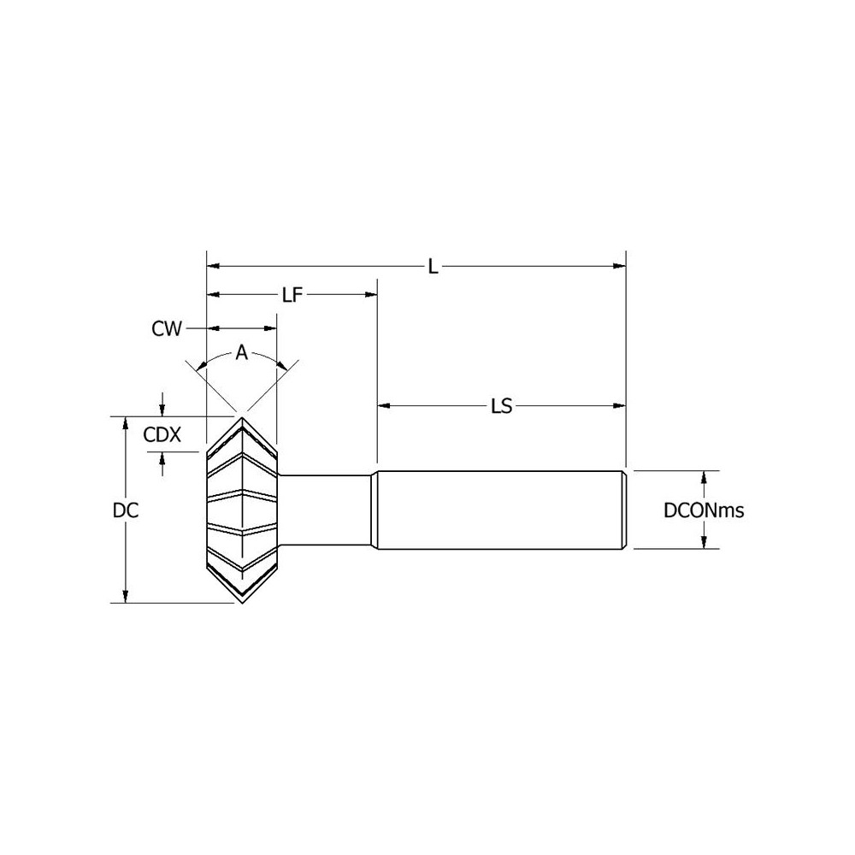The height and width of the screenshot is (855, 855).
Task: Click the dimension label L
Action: [433, 267]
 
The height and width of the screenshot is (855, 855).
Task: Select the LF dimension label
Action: [292, 295]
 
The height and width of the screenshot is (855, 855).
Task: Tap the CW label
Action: [167, 329]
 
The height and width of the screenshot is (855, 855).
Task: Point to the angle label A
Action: [242, 353]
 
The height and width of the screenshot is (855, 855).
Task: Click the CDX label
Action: [162, 434]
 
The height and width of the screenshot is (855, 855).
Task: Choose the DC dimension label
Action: [126, 510]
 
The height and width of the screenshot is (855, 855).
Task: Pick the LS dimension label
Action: [502, 406]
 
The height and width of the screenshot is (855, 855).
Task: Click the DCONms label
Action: [704, 510]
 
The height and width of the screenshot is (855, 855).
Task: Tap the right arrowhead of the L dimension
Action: [619, 266]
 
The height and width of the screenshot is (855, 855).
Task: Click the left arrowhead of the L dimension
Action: [213, 266]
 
